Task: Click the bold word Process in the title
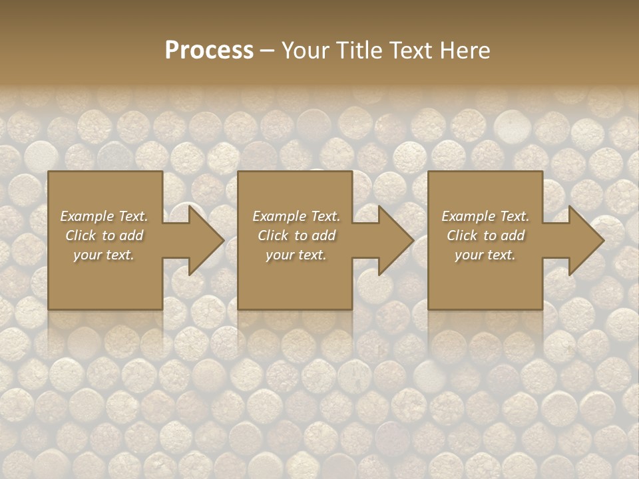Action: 209,51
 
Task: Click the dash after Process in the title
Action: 267,51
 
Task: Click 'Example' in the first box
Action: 87,216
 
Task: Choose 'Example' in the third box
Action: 468,216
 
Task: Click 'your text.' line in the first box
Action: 104,255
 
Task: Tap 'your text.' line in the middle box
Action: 296,255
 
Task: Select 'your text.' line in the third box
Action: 485,255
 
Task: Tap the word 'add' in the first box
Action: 131,236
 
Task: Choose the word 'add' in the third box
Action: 513,236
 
